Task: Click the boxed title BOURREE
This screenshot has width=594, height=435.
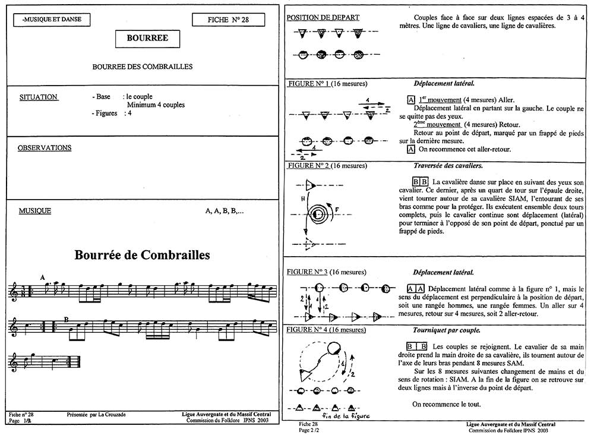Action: coord(147,38)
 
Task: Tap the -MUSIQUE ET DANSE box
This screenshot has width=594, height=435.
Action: coord(50,20)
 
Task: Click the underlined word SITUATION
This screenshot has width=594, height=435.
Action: coord(38,97)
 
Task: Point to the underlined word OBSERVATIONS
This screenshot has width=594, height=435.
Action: coord(45,148)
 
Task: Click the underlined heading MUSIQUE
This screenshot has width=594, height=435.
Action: coord(34,211)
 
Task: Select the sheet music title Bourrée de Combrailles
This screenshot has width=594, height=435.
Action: coord(143,256)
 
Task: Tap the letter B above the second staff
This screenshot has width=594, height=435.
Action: coord(66,320)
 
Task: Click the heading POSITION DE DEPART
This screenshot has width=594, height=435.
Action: coord(323,17)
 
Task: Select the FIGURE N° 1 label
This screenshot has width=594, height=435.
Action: coord(309,83)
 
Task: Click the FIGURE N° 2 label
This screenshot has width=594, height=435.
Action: coord(309,165)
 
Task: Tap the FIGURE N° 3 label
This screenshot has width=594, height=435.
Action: coord(309,272)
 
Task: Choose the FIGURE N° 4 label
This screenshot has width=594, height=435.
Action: coord(309,329)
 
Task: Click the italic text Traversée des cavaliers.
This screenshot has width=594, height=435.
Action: coord(447,165)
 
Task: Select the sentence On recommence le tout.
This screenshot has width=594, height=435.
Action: coord(446,404)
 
